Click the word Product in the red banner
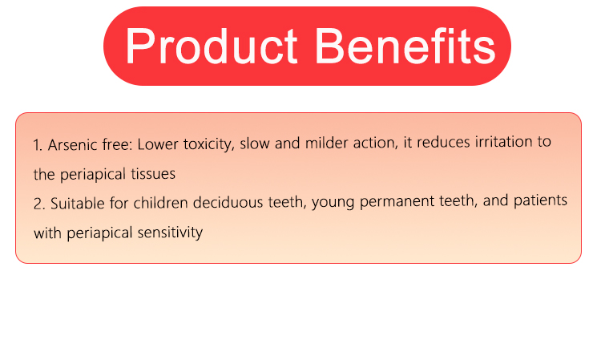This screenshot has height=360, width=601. pos(212,47)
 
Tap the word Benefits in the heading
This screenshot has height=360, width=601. pos(405,46)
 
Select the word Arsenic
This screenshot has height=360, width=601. pos(72,145)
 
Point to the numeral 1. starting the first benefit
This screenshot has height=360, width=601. pos(38,145)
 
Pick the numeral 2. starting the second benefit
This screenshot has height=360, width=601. pos(39,204)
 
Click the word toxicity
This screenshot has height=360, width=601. pos(209,144)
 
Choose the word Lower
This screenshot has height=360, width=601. pos(158,144)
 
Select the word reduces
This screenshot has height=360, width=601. pos(443,142)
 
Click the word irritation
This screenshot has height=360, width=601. pos(504,142)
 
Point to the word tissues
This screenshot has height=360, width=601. pos(153,174)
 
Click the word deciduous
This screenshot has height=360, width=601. pos(228,202)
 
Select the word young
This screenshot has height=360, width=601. pos(333,202)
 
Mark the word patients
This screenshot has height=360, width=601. pos(540,200)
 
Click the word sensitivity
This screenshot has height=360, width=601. pos(170,233)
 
